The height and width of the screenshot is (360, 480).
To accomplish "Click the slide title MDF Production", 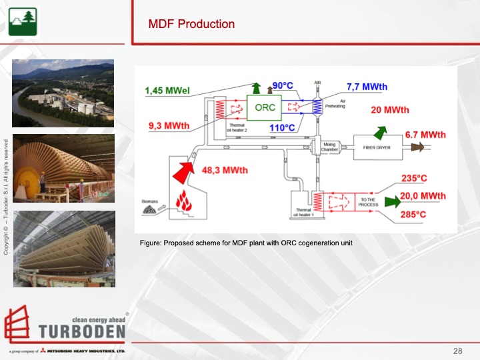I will [191, 24].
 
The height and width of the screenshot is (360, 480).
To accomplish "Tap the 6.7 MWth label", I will [425, 134].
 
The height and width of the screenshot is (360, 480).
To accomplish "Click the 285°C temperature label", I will [413, 214].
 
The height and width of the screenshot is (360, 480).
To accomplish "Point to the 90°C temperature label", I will [283, 85].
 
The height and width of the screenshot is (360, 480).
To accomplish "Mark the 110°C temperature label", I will [283, 127].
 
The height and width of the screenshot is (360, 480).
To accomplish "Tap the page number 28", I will [457, 351].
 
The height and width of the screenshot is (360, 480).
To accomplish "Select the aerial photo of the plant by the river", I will [63, 93].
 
